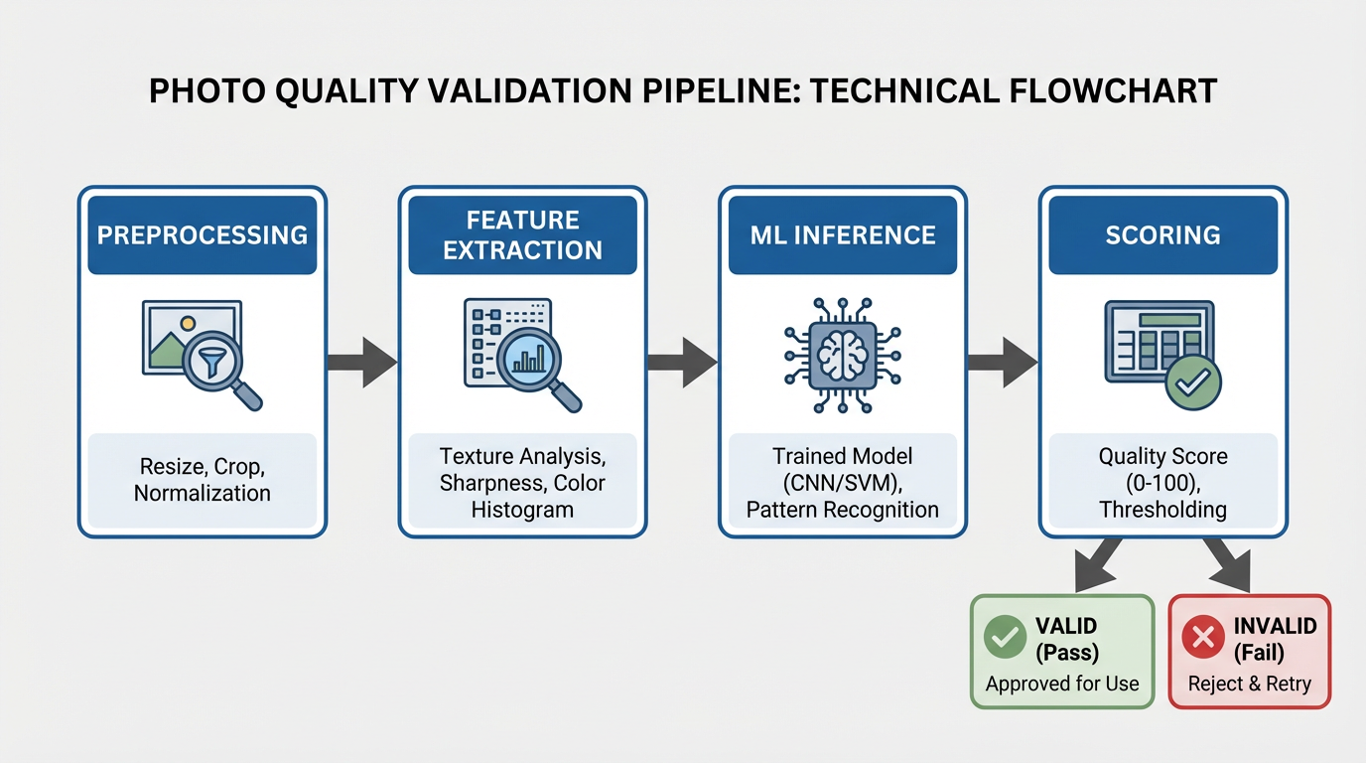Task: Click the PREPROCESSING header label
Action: click(202, 235)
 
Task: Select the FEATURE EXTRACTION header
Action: click(522, 235)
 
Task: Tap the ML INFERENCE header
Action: click(843, 235)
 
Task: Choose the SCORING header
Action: click(1162, 235)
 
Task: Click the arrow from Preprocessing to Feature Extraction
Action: click(362, 362)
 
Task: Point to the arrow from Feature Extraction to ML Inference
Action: click(682, 362)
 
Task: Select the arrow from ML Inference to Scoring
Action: click(1003, 362)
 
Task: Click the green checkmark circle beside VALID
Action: click(1005, 637)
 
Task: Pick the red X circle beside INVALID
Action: click(1203, 637)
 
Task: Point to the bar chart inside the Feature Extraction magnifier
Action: click(528, 358)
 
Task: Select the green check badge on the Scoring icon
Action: click(1192, 381)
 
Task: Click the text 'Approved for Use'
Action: click(1062, 684)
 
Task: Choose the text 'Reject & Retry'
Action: click(1250, 684)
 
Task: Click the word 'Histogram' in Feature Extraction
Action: click(522, 510)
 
